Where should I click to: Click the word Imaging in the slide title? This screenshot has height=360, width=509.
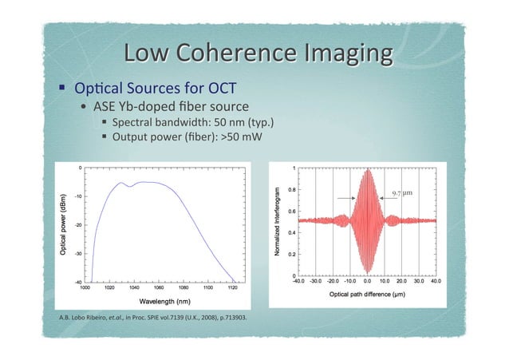coord(342,56)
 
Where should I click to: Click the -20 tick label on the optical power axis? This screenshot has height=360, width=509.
coord(77,224)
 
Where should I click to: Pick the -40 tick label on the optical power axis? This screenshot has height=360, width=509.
coord(76,282)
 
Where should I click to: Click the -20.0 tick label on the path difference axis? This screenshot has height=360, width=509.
coord(332,281)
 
